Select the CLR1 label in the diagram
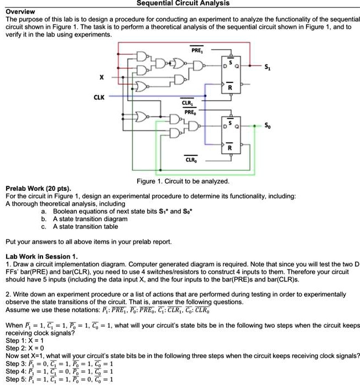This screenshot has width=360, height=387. (186, 102)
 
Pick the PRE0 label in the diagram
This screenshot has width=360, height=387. (186, 109)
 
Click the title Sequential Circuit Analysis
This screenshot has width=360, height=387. (180, 3)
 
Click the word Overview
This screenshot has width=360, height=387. (20, 11)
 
